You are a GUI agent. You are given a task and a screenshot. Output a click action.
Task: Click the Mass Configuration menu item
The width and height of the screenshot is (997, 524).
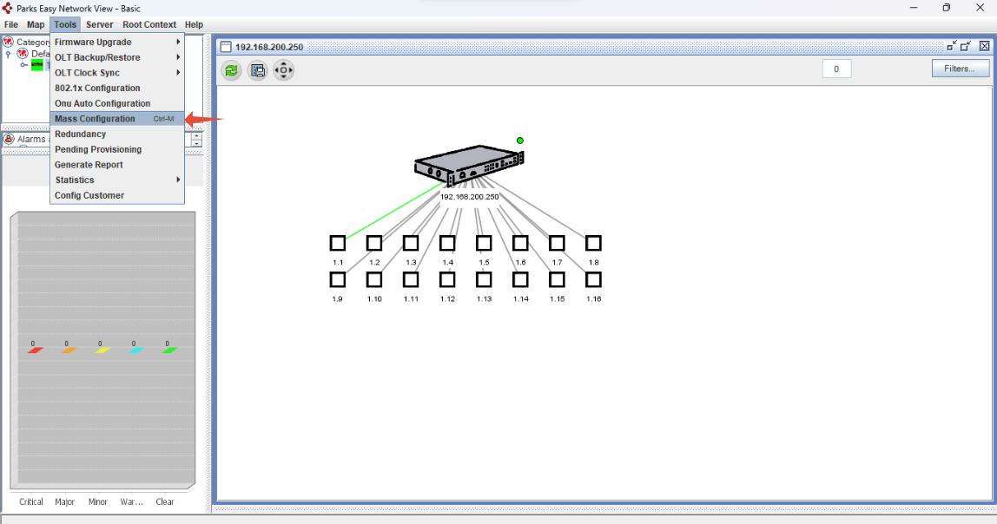95,119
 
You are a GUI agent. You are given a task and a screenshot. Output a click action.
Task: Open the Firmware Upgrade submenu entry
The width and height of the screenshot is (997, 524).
93,42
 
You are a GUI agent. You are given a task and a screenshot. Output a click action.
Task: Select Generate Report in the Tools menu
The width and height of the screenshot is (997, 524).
89,165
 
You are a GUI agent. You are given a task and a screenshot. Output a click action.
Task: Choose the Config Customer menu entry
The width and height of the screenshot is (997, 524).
89,195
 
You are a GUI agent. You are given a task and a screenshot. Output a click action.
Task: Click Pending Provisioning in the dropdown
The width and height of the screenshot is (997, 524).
98,149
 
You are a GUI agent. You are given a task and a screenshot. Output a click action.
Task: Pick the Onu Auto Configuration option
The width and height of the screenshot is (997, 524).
102,103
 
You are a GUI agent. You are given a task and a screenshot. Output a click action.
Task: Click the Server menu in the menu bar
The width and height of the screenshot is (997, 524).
99,24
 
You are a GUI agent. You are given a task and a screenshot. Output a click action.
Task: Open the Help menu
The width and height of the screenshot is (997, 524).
194,24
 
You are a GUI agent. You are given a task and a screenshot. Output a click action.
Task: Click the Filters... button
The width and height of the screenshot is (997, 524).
960,69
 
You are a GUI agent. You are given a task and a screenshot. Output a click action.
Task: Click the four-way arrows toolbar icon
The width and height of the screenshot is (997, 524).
284,70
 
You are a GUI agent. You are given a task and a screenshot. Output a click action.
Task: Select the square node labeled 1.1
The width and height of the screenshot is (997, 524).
338,243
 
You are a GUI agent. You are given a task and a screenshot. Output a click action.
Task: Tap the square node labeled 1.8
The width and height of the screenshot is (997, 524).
593,243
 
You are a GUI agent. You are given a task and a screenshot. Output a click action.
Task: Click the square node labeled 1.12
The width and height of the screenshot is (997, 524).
447,279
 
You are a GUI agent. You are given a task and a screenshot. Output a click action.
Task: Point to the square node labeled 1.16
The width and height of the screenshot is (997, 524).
593,279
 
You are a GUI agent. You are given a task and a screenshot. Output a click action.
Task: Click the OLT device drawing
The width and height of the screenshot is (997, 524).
469,165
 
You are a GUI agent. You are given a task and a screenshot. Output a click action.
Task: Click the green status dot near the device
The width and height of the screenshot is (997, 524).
520,141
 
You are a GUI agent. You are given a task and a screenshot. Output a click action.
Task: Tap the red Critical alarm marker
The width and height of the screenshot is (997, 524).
35,350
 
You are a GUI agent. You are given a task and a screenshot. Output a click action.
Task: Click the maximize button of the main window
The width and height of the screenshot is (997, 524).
946,8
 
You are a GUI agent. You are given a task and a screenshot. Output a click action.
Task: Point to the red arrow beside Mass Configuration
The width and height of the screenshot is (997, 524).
204,119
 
